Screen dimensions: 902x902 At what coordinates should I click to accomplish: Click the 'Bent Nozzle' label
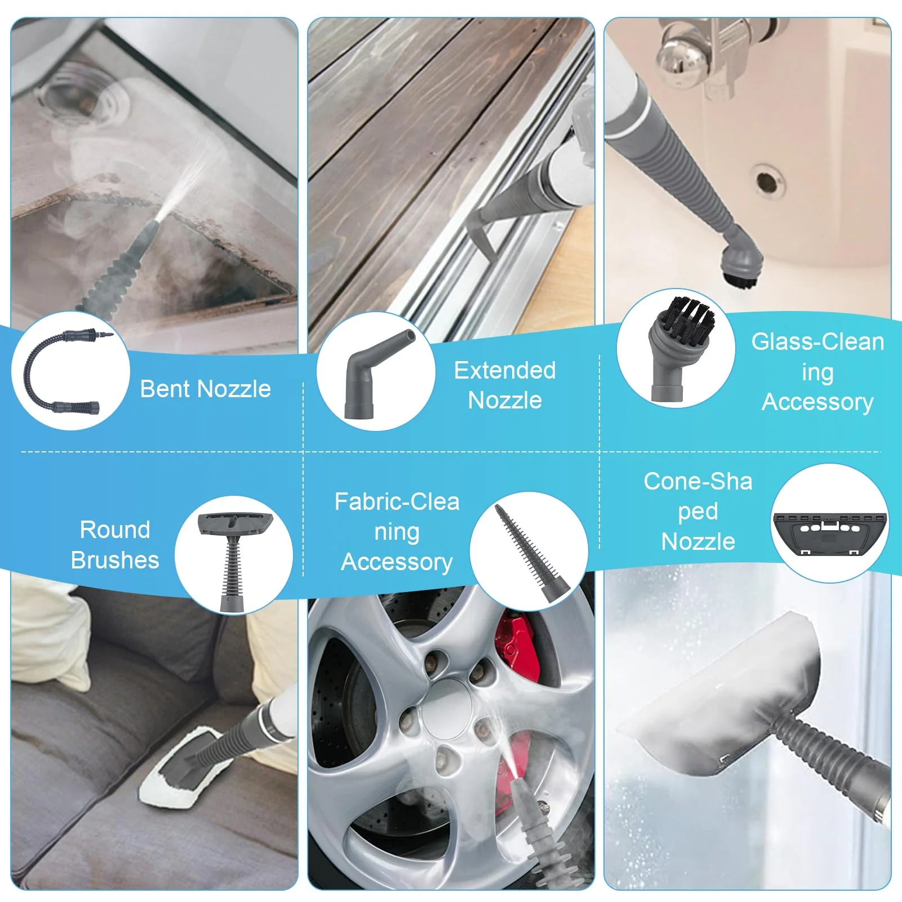205,389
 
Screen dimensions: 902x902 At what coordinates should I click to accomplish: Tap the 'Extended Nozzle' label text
505,385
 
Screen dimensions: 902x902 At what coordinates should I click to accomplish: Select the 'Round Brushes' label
115,545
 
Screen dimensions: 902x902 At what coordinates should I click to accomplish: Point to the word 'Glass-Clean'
817,341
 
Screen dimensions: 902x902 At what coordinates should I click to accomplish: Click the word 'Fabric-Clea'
397,501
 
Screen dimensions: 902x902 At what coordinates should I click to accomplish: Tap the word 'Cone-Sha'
698,481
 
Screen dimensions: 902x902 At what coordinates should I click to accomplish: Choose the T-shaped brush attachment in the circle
234,561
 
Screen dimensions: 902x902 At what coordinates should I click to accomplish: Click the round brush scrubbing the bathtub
743,265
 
